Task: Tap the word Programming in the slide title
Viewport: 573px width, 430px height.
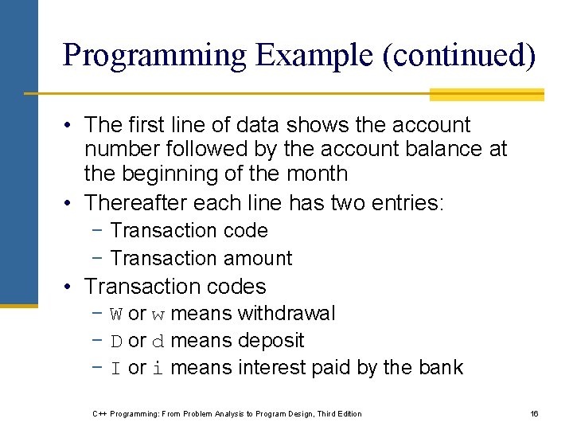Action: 154,55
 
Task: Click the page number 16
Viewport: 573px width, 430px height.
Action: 534,413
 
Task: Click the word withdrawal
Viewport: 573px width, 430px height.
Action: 286,314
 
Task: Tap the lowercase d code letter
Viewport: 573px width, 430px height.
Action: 158,342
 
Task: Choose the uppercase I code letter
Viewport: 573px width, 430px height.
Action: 115,369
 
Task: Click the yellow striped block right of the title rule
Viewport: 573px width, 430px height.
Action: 486,95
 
